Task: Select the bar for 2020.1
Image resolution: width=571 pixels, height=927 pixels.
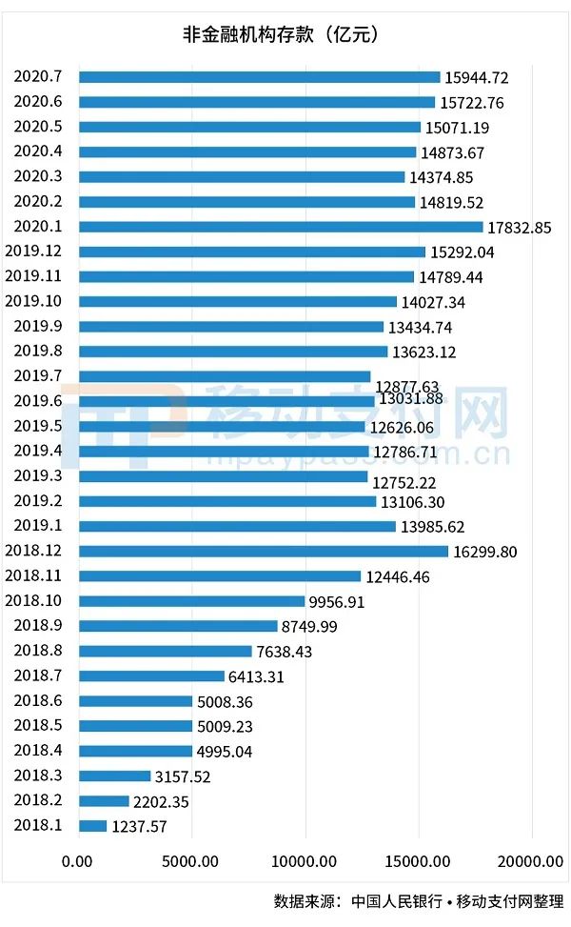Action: point(281,227)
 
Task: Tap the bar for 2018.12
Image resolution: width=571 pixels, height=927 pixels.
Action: point(264,551)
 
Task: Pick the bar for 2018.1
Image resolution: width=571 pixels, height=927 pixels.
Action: point(93,826)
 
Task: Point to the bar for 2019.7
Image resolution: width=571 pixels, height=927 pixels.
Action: point(225,376)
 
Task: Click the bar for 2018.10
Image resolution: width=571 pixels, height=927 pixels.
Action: point(192,601)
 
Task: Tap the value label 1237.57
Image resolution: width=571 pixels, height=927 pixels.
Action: point(139,827)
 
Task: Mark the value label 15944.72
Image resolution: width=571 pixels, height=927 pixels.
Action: point(477,77)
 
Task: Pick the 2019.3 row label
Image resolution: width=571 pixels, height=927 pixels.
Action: point(37,475)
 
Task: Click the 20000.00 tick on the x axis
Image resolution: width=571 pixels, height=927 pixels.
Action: point(531,862)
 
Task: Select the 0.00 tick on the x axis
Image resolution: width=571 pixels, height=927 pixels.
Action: point(78,862)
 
